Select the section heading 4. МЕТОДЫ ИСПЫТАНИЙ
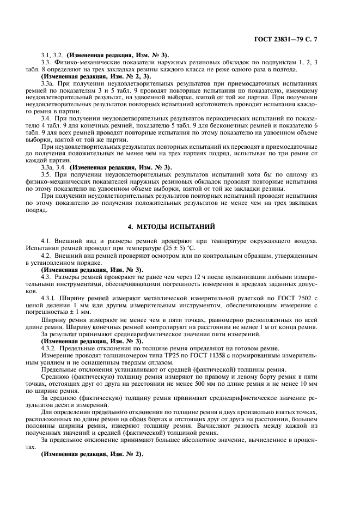click(x=180, y=226)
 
